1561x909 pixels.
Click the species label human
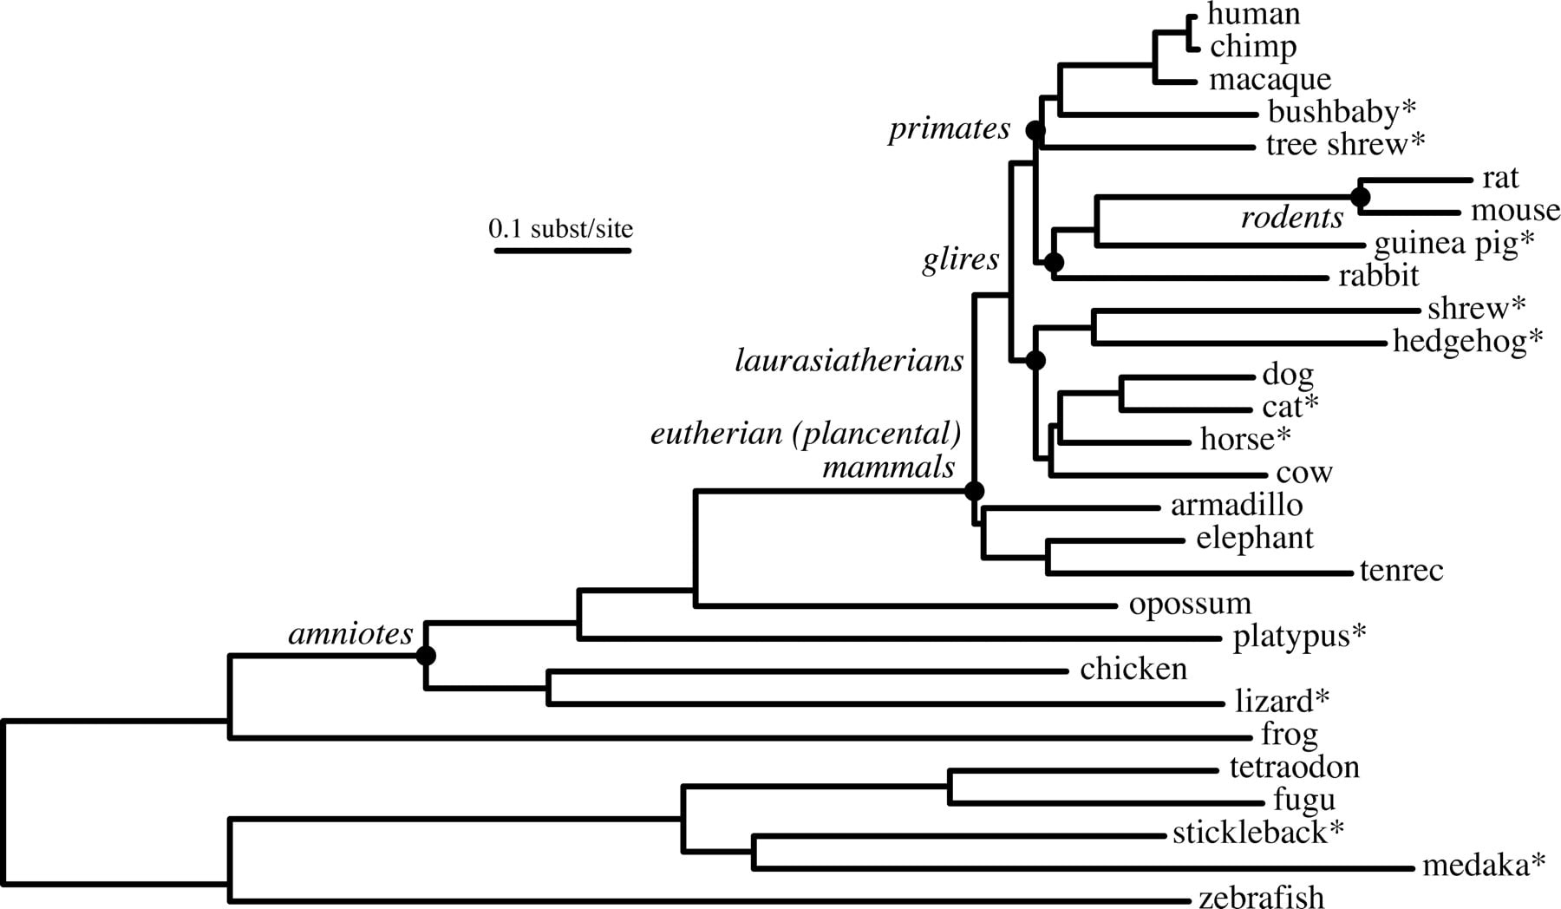[x=1253, y=14]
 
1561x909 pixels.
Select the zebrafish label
[x=1262, y=896]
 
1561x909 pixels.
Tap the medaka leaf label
[x=1484, y=865]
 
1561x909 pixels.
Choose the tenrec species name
[x=1401, y=571]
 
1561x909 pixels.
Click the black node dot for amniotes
[x=425, y=656]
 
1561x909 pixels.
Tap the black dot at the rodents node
[x=1360, y=197]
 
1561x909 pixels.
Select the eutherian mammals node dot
[x=974, y=491]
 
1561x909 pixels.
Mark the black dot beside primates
[x=1035, y=130]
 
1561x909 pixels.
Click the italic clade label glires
[x=961, y=259]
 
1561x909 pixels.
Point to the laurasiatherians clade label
[x=849, y=360]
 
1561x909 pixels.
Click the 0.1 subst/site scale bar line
[x=563, y=251]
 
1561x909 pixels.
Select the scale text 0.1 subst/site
[x=561, y=229]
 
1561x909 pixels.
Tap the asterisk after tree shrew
[x=1417, y=141]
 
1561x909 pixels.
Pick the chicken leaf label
[x=1133, y=669]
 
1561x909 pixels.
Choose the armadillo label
[x=1237, y=505]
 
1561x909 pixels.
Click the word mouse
[x=1515, y=211]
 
